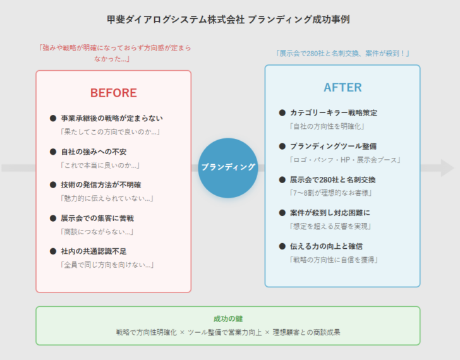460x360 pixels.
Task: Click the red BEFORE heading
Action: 113,93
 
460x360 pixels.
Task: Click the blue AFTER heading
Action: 342,87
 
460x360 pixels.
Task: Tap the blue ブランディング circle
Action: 228,167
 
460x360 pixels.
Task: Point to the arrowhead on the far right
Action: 447,167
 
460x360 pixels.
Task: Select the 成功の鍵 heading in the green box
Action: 228,318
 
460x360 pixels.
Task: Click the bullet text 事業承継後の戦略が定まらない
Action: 112,118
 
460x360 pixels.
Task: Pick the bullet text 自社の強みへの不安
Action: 94,152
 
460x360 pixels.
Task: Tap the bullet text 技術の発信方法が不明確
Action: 101,184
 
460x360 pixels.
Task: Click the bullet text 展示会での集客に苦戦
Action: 97,218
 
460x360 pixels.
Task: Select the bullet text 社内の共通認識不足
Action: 94,251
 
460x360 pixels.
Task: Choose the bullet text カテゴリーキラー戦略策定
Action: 334,112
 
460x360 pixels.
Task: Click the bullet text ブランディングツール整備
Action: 333,146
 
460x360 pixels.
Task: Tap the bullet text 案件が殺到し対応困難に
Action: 330,212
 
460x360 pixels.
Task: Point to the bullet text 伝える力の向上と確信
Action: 326,246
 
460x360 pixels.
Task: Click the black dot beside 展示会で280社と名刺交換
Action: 282,179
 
